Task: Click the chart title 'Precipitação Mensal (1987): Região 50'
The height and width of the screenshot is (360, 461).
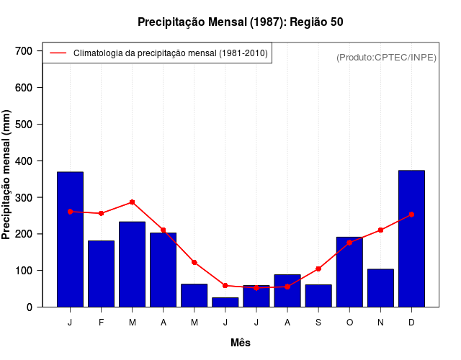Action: pyautogui.click(x=241, y=22)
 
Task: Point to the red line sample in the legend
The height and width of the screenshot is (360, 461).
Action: pyautogui.click(x=58, y=53)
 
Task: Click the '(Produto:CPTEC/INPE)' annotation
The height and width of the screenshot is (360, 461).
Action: pyautogui.click(x=387, y=57)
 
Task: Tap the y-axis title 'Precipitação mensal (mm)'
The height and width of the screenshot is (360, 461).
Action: pyautogui.click(x=7, y=175)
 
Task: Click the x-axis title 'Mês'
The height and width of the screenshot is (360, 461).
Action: pyautogui.click(x=241, y=343)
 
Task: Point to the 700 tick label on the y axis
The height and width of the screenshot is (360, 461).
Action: pyautogui.click(x=24, y=51)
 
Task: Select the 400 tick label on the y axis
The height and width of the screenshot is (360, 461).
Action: pyautogui.click(x=24, y=161)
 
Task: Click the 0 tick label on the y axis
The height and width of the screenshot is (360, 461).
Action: pyautogui.click(x=29, y=307)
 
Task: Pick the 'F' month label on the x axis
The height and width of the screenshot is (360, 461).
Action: pyautogui.click(x=102, y=323)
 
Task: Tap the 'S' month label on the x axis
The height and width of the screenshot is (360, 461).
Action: pyautogui.click(x=318, y=323)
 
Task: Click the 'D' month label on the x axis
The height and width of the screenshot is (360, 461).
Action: pyautogui.click(x=411, y=323)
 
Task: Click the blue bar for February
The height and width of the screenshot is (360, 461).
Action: pyautogui.click(x=102, y=274)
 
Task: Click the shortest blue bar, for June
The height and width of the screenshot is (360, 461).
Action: pyautogui.click(x=225, y=302)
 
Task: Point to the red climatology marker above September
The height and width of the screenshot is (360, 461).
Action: pyautogui.click(x=318, y=269)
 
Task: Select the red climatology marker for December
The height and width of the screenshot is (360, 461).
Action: pyautogui.click(x=411, y=214)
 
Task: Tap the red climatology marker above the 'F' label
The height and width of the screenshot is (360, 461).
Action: pyautogui.click(x=102, y=213)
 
